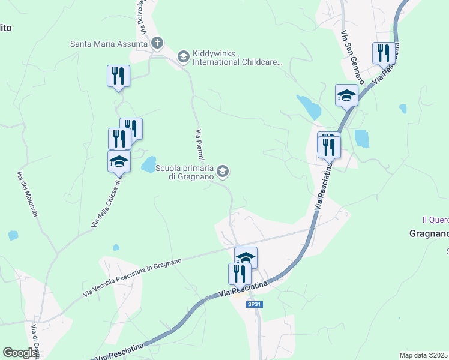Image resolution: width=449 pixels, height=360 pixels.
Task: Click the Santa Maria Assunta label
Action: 109,43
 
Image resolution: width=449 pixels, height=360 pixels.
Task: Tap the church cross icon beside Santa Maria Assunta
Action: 157,43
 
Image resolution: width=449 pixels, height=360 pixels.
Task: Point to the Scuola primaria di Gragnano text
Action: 185,172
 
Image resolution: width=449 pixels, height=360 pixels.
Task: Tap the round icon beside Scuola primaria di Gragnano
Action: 223,172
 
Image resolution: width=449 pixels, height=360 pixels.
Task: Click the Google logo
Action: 20,353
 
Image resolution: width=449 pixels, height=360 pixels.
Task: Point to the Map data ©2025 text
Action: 424,355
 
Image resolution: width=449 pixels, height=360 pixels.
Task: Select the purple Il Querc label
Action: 434,220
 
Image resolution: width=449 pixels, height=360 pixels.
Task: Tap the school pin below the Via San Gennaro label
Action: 346,95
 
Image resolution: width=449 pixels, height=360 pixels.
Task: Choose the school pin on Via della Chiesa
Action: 119,161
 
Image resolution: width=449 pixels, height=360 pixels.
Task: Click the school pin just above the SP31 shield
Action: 246,257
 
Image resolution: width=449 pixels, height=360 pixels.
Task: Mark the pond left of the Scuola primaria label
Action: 148,164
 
